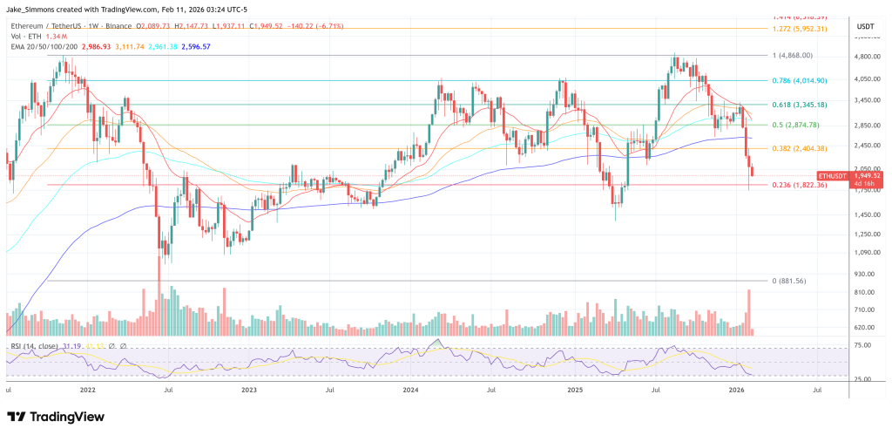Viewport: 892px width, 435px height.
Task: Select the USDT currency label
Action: (x=865, y=25)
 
